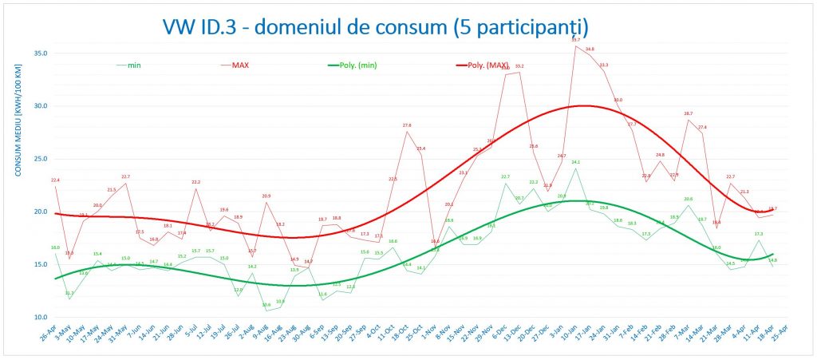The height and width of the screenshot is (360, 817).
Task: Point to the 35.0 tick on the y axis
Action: [40, 53]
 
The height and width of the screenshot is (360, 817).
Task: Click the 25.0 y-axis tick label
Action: [40, 159]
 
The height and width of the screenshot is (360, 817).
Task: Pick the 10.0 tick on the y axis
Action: [40, 317]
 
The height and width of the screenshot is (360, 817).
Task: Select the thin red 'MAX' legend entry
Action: [240, 65]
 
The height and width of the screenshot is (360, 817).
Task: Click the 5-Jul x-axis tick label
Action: [191, 338]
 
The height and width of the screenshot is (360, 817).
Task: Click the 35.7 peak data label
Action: [575, 39]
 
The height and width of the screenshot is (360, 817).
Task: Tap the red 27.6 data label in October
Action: [407, 125]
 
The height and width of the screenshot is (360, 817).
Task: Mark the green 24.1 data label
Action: [575, 162]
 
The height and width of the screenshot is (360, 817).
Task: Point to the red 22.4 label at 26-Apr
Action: [55, 180]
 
